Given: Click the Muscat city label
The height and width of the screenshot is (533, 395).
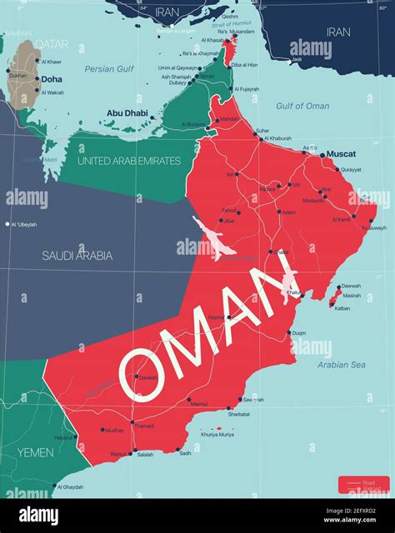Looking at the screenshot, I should point(341,154).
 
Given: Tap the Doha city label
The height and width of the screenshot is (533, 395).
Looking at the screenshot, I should point(51,79).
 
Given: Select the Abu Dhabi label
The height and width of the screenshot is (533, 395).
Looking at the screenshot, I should point(127,112).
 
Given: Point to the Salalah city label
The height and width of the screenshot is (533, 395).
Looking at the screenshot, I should point(145,454).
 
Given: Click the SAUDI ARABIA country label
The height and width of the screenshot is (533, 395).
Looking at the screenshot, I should point(77,256).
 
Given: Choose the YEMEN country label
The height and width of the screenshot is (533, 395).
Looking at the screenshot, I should point(35,452).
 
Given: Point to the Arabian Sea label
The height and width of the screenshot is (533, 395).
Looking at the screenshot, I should point(342,365).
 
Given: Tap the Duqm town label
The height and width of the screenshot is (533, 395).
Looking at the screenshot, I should point(297,333).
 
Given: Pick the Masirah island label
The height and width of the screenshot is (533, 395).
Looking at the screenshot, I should point(352,295).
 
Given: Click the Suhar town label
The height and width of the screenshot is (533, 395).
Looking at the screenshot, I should point(262,131).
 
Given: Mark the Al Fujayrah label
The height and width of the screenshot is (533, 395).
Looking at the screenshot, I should point(247,88).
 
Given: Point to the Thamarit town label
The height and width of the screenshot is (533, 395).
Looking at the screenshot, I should point(143,426).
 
